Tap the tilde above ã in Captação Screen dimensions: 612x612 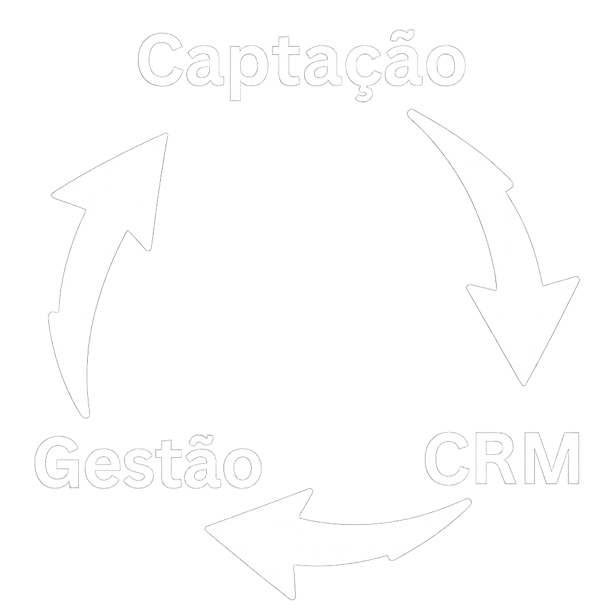tap(402, 35)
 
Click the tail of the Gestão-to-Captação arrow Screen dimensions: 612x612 tap(75, 382)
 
